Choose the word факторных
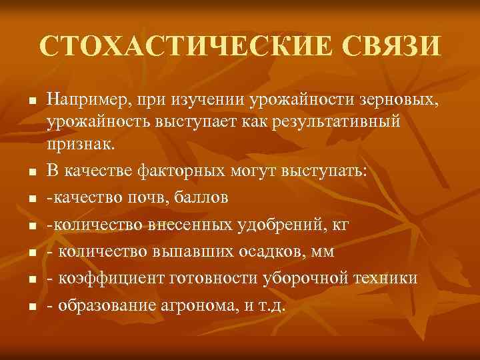coord(177,171)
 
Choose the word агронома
coord(197,306)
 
